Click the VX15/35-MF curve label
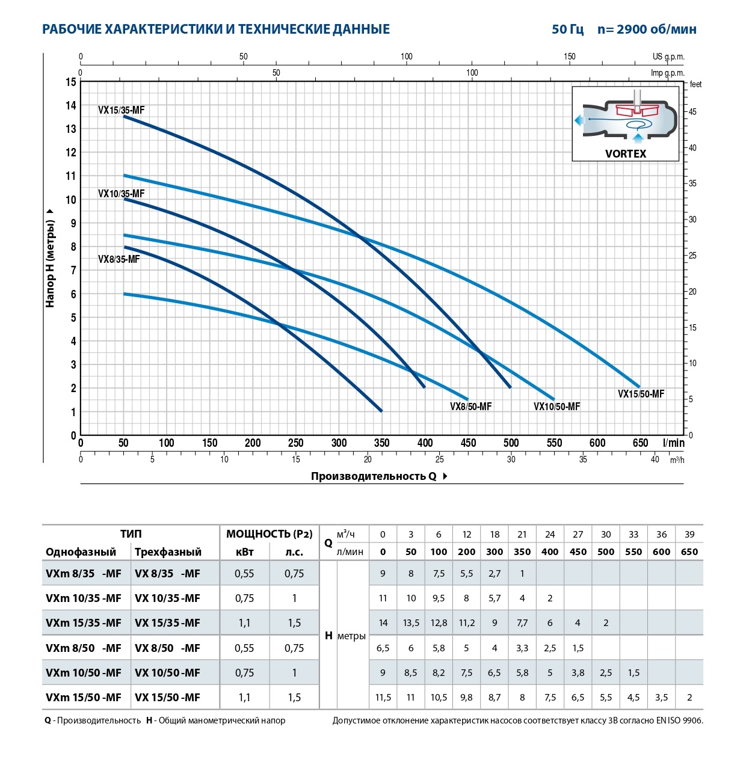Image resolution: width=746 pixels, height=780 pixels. (x=121, y=110)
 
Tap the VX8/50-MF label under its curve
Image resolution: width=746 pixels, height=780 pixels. (x=470, y=407)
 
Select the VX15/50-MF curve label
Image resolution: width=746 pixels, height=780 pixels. (x=641, y=394)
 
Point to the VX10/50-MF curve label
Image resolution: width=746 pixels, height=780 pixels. (x=556, y=407)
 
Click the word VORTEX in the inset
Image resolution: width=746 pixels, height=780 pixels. (x=625, y=154)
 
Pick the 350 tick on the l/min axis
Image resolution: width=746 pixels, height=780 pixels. (x=382, y=443)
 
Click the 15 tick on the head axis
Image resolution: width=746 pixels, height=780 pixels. (x=71, y=82)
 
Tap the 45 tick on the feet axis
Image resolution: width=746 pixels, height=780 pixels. (x=692, y=112)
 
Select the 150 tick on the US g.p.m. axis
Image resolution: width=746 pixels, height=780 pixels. (x=569, y=57)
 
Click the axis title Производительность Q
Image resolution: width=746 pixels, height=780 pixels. (x=374, y=476)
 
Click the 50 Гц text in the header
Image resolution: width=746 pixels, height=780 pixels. (x=567, y=29)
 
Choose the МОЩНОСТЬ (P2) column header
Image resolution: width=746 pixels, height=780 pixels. (x=269, y=534)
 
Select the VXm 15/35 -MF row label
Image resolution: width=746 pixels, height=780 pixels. (x=83, y=623)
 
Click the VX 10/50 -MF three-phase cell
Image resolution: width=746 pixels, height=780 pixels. (x=167, y=673)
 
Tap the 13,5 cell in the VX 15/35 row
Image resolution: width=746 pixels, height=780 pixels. (x=411, y=623)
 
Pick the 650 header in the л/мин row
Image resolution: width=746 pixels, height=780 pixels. (x=689, y=552)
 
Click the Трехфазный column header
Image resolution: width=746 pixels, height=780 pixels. (x=168, y=552)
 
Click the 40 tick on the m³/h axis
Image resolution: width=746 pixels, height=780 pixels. (x=655, y=459)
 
